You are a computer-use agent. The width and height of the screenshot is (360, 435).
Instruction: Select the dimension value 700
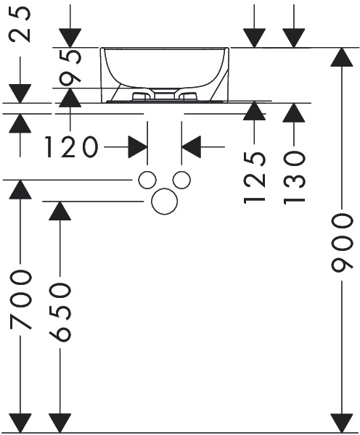click(20, 301)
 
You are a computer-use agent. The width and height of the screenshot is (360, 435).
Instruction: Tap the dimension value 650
click(60, 312)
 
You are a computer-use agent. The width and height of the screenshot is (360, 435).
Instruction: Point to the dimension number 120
click(72, 146)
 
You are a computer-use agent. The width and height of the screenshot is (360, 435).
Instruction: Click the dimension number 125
click(255, 178)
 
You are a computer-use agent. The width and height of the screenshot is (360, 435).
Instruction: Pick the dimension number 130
click(294, 178)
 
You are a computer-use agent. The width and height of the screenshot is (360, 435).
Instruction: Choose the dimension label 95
click(70, 67)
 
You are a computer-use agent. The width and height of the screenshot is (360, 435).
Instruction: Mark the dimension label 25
click(20, 24)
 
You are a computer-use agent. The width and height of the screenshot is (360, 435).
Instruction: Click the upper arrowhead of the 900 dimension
click(342, 57)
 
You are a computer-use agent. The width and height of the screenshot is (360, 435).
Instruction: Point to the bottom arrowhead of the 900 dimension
click(342, 423)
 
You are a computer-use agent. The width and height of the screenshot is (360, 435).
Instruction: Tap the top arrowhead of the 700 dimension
click(20, 189)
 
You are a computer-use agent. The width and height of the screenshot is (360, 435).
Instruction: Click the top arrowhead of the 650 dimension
click(60, 211)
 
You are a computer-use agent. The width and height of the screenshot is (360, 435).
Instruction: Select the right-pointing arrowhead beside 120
click(138, 146)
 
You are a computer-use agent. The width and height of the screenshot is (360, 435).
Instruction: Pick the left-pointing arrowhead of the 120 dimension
click(191, 146)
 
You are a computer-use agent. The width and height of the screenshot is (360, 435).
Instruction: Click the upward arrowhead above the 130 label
click(294, 112)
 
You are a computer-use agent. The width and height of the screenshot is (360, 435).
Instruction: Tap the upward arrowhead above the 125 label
click(254, 111)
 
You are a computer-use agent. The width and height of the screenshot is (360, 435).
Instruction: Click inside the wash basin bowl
click(165, 67)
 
